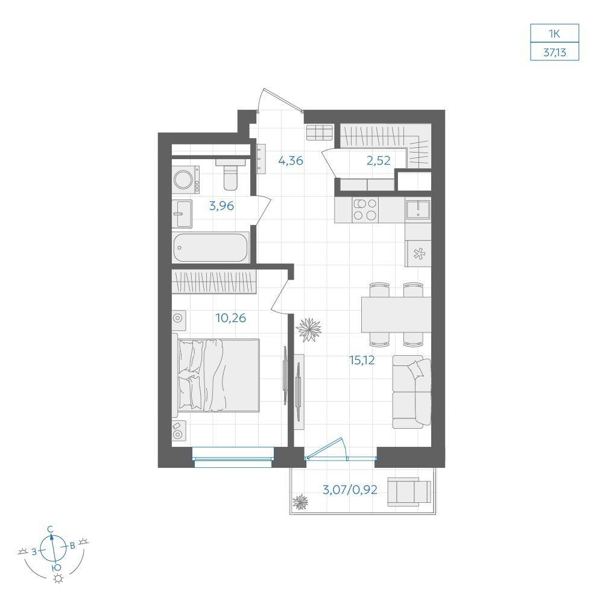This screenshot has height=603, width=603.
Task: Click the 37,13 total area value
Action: tap(555, 52)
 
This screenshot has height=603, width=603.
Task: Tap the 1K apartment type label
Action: tap(554, 34)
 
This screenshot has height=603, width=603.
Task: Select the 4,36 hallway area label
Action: tap(291, 160)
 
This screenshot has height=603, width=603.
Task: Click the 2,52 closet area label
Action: tap(379, 160)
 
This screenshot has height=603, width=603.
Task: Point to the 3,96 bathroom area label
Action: tap(221, 206)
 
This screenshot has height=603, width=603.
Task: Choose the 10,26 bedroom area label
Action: tap(231, 318)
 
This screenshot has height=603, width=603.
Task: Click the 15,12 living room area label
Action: tap(362, 360)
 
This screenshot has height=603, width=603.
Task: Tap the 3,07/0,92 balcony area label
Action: tap(350, 490)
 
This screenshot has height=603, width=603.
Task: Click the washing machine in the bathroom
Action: tap(186, 180)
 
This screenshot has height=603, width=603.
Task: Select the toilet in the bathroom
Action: tap(230, 174)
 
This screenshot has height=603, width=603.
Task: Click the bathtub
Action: tap(210, 248)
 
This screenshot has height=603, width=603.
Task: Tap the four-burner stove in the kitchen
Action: tap(365, 210)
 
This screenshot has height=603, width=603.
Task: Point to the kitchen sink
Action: tap(418, 210)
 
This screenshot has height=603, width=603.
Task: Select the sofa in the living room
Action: tap(411, 391)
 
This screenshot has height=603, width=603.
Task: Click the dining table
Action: tap(396, 315)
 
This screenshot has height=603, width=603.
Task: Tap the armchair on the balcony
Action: tap(409, 491)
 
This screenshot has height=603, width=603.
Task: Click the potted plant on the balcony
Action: tap(300, 502)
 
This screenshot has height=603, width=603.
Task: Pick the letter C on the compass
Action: tap(51, 529)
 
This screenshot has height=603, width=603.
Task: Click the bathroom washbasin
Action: tap(182, 214)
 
